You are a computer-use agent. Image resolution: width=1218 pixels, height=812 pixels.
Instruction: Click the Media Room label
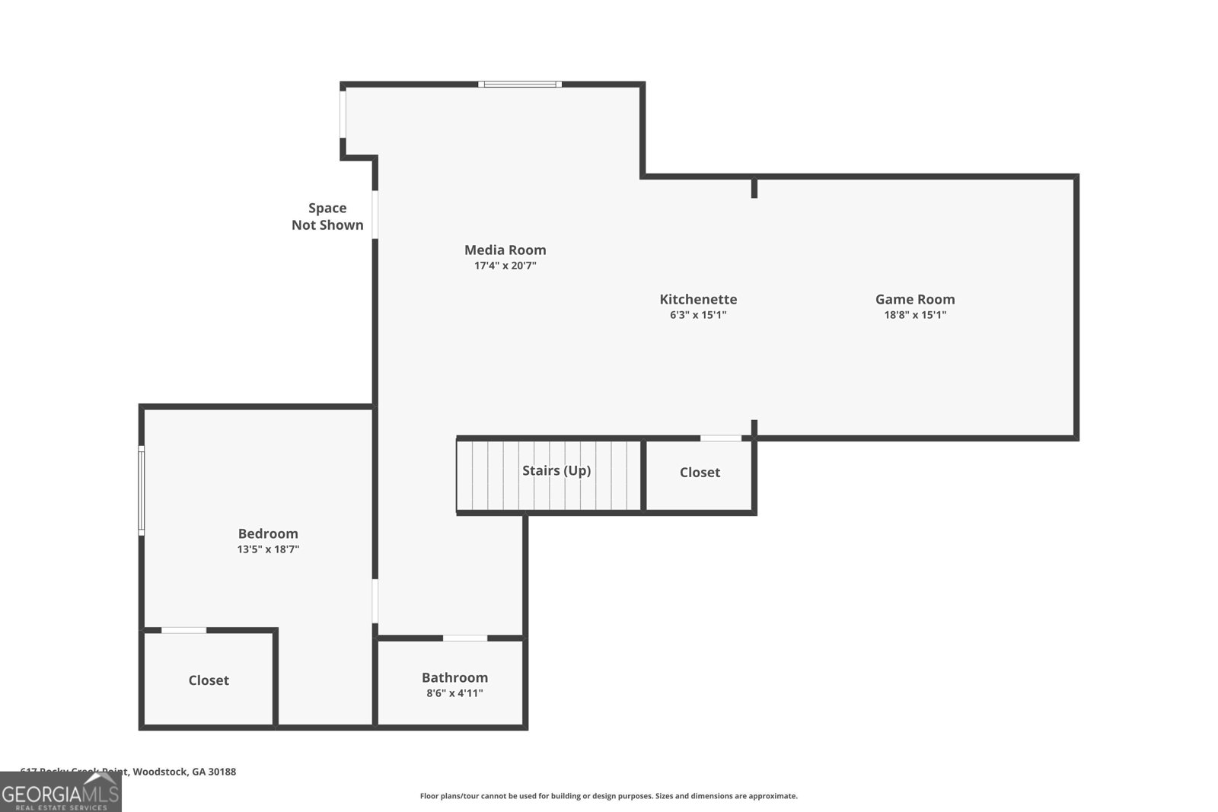[505, 250]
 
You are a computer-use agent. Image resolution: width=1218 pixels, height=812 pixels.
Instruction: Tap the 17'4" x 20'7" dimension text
[505, 266]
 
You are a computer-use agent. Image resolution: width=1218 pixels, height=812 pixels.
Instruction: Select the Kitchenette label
[698, 299]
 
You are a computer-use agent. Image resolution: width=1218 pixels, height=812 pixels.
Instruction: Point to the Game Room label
[914, 299]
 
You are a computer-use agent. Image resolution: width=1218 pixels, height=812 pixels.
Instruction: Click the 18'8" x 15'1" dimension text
[914, 315]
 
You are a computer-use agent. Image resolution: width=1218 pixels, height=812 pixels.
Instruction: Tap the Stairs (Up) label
[556, 470]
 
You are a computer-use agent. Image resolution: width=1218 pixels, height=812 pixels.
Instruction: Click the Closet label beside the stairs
[700, 473]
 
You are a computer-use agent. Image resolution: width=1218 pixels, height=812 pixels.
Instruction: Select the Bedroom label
[268, 533]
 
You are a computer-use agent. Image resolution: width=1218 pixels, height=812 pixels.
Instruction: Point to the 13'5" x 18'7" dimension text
[268, 549]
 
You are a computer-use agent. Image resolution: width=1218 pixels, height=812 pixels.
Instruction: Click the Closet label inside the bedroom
[209, 680]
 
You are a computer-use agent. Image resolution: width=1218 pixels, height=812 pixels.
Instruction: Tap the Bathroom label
[454, 677]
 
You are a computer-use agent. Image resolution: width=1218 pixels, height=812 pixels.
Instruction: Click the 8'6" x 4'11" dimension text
[454, 693]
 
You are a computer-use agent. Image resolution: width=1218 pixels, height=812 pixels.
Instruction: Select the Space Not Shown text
[327, 216]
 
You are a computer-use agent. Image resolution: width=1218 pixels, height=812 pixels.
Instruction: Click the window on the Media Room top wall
[520, 84]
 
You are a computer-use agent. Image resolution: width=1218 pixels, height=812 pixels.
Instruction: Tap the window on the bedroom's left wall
[142, 490]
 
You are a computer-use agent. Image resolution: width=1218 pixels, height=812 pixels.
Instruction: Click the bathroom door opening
[465, 638]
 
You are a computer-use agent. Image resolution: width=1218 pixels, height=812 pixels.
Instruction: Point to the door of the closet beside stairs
[720, 438]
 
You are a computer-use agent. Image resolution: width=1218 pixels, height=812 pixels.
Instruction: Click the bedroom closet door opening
[183, 630]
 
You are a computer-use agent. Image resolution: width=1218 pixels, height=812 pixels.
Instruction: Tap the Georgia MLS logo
[61, 793]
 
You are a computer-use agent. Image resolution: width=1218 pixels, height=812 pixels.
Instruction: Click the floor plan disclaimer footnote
[608, 796]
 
